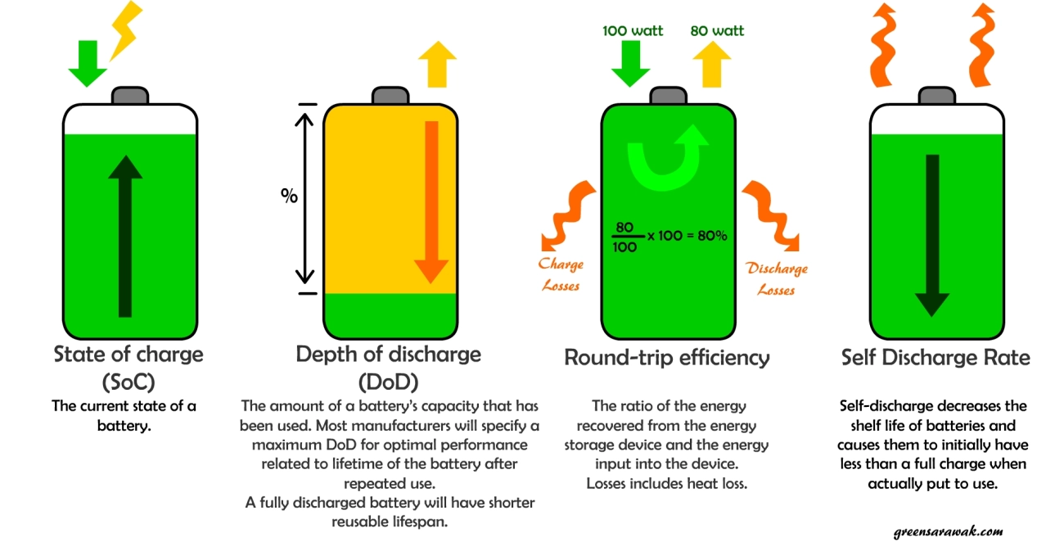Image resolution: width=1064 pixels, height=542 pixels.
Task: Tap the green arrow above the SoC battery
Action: coord(88,62)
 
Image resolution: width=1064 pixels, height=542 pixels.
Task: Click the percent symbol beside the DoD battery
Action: coord(289,196)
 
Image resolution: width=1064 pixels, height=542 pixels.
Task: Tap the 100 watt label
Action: coord(633,31)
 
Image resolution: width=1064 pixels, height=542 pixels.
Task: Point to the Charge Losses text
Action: coord(561,275)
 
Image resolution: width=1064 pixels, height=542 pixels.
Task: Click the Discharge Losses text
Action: coord(776,278)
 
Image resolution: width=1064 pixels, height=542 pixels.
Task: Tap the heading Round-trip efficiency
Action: coord(666,358)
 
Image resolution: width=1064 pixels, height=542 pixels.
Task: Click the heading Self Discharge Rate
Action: coord(936,358)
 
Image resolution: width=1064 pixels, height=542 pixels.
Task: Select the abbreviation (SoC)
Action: coord(128,382)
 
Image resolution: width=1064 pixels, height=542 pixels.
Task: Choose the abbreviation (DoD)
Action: coord(388,382)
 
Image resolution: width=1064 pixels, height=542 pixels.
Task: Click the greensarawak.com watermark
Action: coord(949,531)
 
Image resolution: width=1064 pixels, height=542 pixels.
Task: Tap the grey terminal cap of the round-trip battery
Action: coord(667,97)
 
